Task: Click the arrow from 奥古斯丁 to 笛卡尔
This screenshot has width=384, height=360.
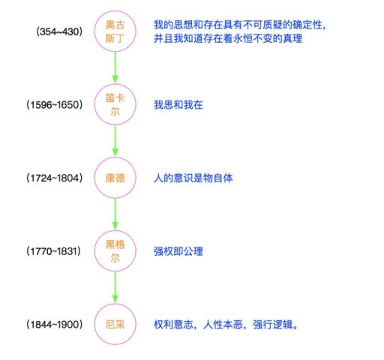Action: click(x=115, y=67)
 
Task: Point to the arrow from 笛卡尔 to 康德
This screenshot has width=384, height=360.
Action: click(x=115, y=141)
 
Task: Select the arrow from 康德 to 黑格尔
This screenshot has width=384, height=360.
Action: click(x=115, y=214)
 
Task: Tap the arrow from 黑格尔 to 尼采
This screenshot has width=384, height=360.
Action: click(x=115, y=287)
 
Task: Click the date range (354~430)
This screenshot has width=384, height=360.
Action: click(x=59, y=31)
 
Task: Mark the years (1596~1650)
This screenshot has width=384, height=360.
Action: click(x=54, y=105)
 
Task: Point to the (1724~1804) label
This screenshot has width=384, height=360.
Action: click(x=54, y=178)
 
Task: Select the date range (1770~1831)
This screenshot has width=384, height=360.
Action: click(x=53, y=251)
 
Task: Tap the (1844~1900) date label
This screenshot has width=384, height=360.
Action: click(x=54, y=325)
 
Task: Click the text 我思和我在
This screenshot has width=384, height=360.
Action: click(x=178, y=105)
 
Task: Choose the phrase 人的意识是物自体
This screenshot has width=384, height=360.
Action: click(x=193, y=178)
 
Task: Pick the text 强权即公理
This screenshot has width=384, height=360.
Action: click(x=178, y=251)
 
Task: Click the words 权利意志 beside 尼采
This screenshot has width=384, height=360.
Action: click(x=173, y=325)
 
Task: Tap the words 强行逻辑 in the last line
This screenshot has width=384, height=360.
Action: click(x=273, y=325)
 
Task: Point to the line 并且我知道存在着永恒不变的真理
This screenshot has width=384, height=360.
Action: click(x=228, y=38)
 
